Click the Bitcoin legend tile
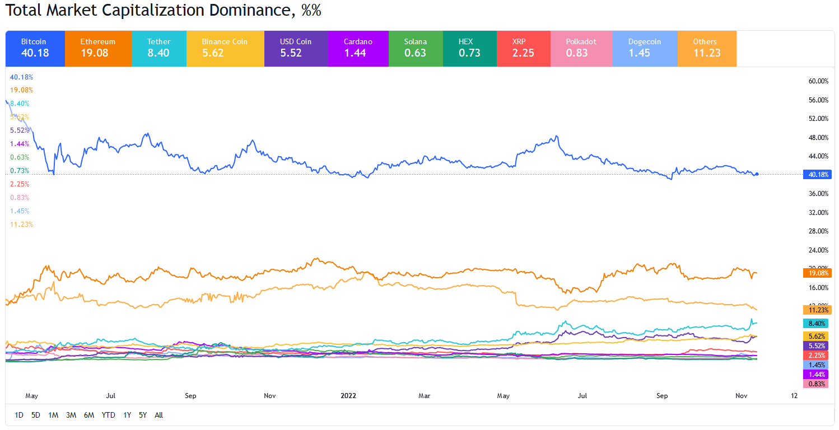pyautogui.click(x=35, y=48)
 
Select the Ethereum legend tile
pyautogui.click(x=98, y=48)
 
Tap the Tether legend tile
pyautogui.click(x=159, y=48)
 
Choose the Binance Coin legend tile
pyautogui.click(x=225, y=48)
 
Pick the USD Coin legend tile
pyautogui.click(x=296, y=48)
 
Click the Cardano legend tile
pyautogui.click(x=358, y=48)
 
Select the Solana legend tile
pyautogui.click(x=416, y=48)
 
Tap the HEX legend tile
pyautogui.click(x=469, y=48)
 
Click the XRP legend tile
pyautogui.click(x=523, y=48)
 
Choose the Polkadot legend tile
pyautogui.click(x=581, y=48)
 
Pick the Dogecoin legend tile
pyautogui.click(x=645, y=48)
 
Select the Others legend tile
pyautogui.click(x=707, y=48)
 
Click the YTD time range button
pyautogui.click(x=108, y=415)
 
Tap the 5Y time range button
pyautogui.click(x=143, y=415)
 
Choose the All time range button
pyautogui.click(x=159, y=415)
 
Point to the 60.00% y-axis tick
pyautogui.click(x=818, y=81)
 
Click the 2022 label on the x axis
pyautogui.click(x=348, y=396)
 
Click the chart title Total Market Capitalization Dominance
pyautogui.click(x=162, y=11)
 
